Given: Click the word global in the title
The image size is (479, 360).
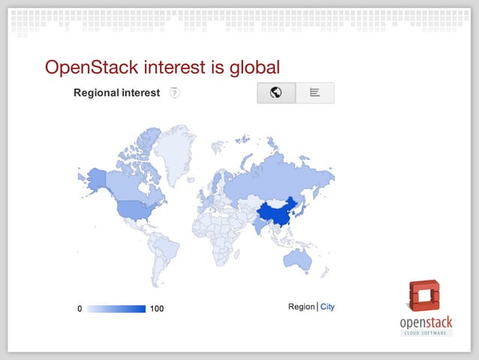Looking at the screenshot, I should click(252, 67).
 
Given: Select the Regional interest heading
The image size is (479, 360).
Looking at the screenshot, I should click(116, 93).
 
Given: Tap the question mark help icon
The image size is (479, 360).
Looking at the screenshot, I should click(174, 93).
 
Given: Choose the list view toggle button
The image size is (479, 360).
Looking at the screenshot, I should click(315, 93).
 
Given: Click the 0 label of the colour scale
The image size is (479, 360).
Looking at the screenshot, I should click(80, 309).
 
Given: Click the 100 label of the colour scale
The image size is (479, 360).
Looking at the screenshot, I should click(156, 309).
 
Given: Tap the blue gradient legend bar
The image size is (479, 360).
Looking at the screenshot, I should click(116, 309).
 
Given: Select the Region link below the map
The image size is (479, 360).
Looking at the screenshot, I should click(301, 307).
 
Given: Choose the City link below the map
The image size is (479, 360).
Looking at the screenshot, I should click(327, 307).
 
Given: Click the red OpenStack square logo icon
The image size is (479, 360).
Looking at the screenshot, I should click(426, 295).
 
